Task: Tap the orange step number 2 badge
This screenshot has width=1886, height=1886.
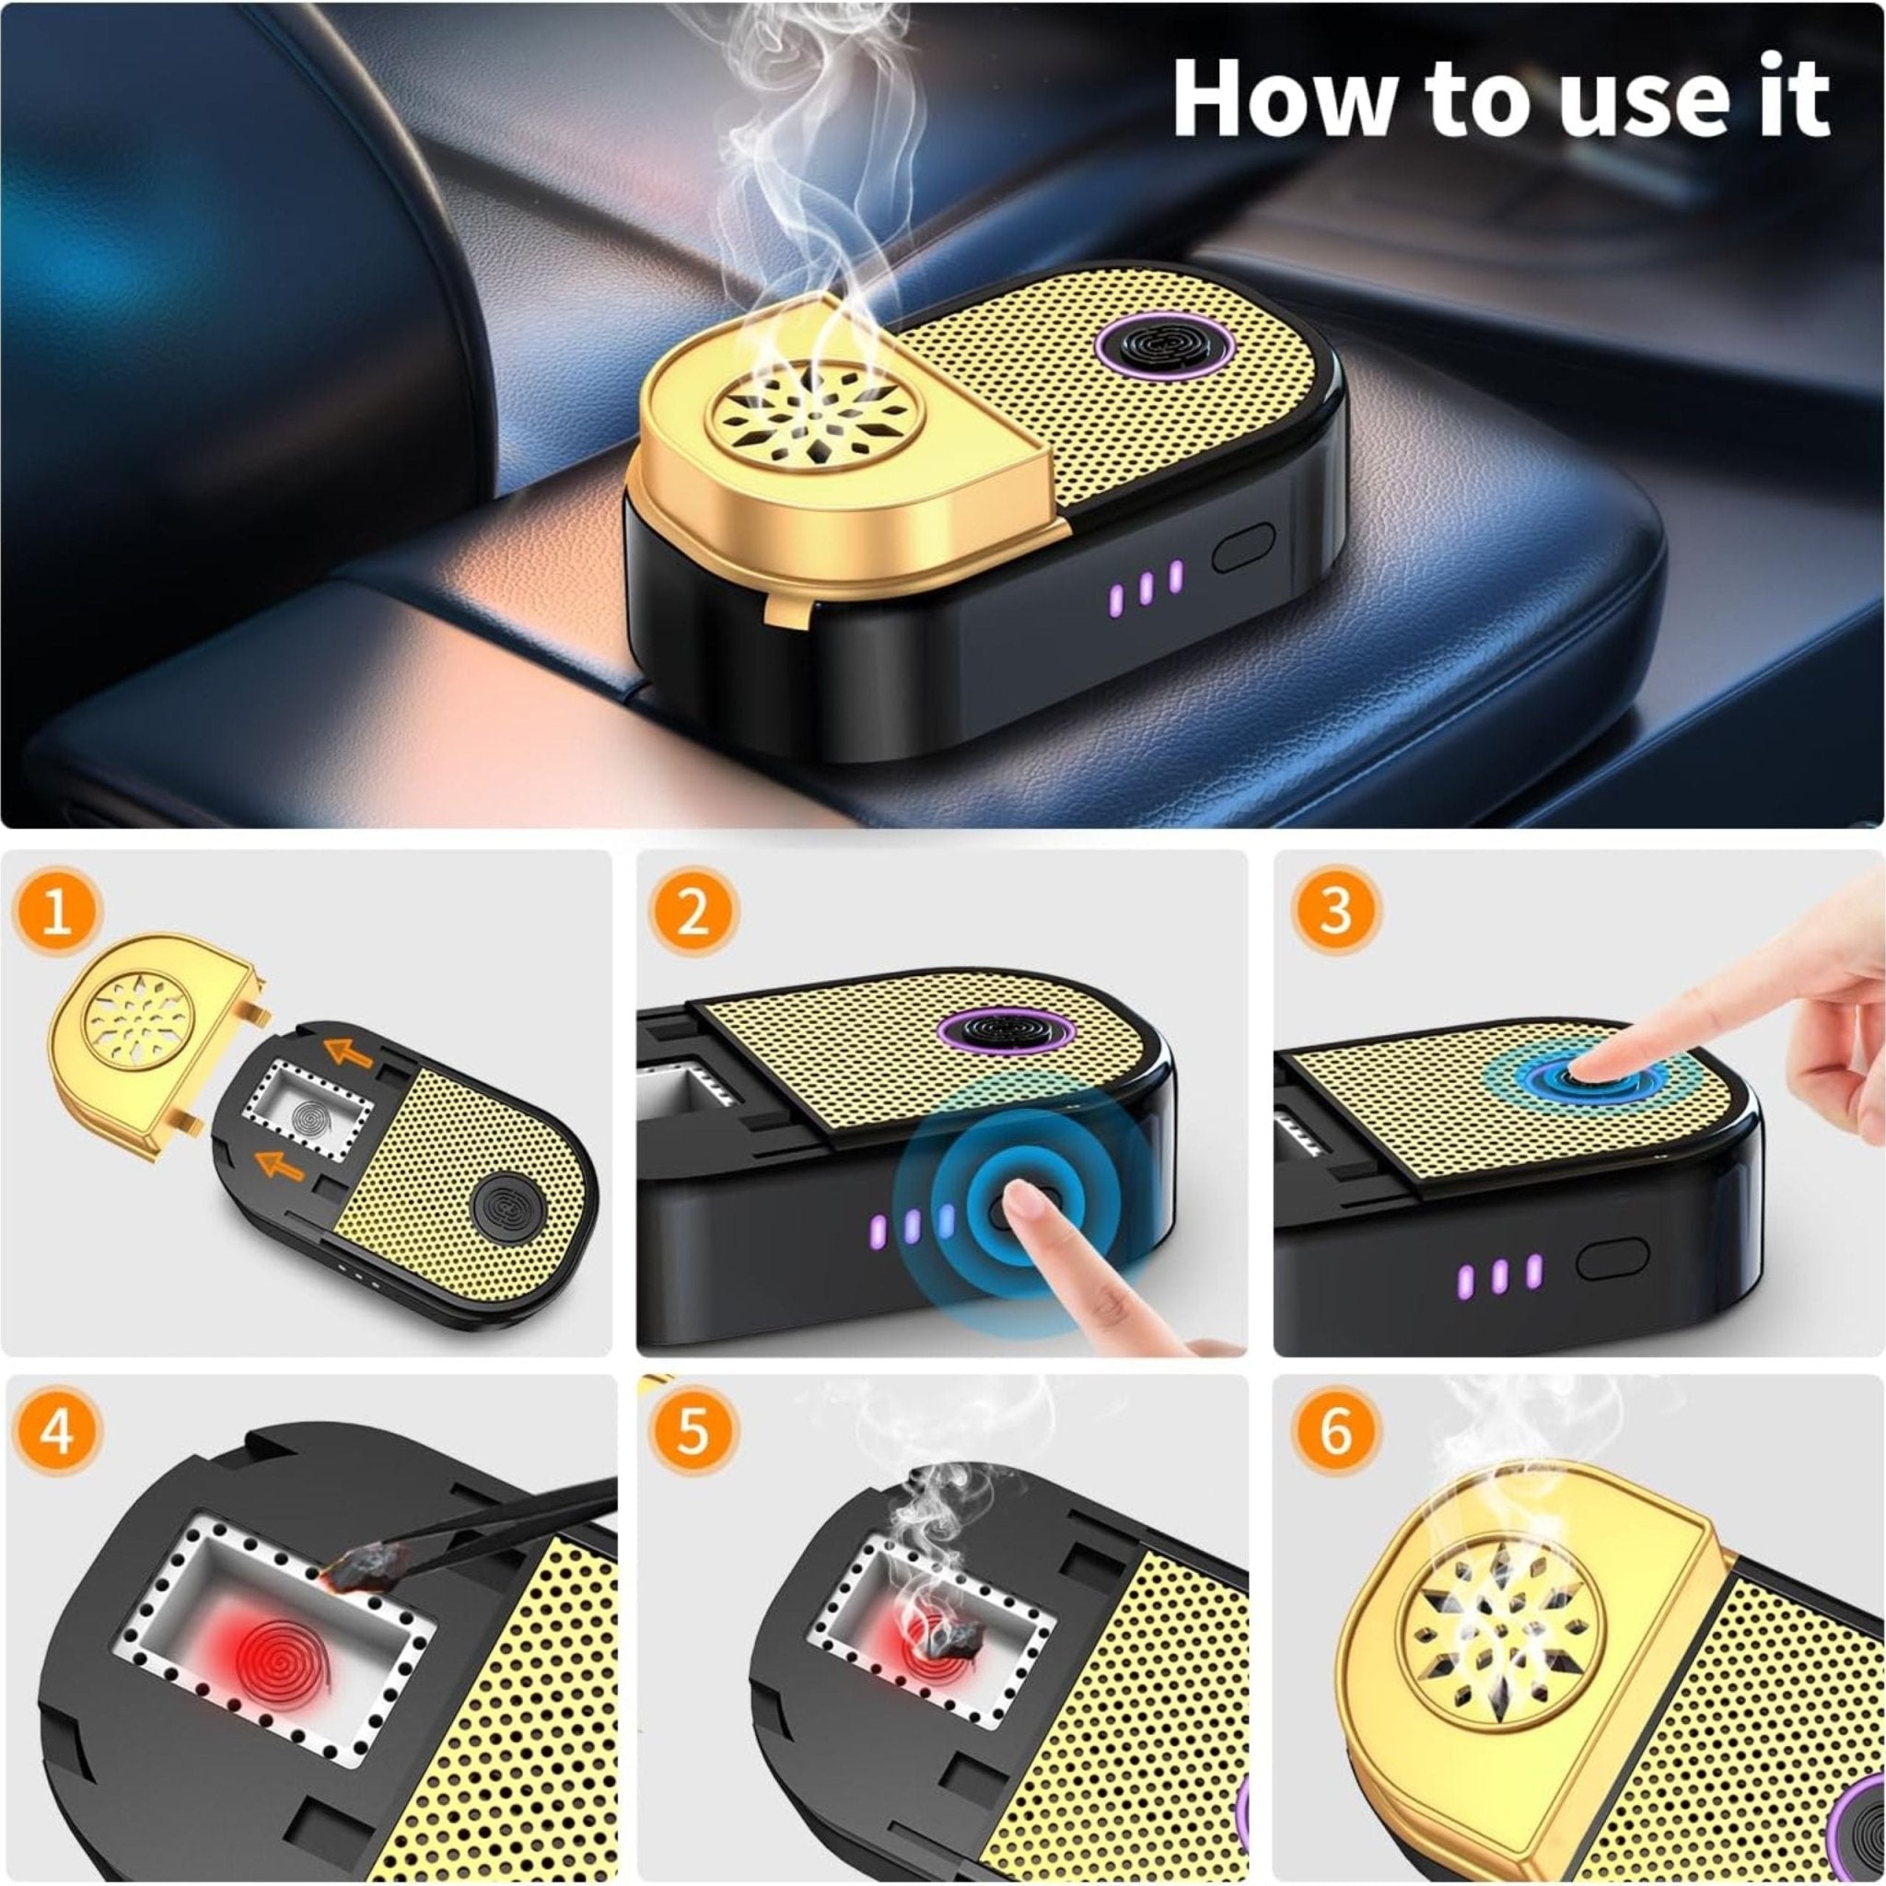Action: point(693,914)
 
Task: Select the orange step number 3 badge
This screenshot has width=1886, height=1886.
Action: point(1335,910)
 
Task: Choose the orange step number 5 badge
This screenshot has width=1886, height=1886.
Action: point(693,1433)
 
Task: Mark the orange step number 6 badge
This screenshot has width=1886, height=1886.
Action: point(1335,1431)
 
